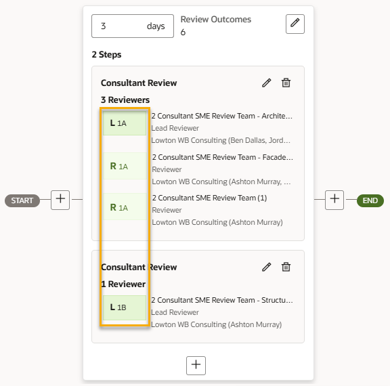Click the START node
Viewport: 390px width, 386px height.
[22, 200]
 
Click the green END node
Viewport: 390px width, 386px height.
[370, 200]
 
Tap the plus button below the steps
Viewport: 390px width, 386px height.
[196, 366]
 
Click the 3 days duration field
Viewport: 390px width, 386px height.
[133, 26]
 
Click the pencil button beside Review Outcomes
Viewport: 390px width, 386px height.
[295, 24]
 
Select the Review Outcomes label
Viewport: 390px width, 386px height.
[215, 20]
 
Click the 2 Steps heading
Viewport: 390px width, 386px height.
[106, 54]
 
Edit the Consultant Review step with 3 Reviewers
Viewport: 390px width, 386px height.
[266, 83]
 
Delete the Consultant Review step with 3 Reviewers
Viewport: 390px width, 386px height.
[286, 83]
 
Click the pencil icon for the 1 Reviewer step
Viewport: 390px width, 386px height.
[266, 267]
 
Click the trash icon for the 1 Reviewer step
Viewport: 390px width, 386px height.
[286, 267]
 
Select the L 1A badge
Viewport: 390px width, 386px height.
[125, 123]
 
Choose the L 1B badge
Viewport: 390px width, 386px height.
[125, 307]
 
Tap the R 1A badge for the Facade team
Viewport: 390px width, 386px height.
[125, 166]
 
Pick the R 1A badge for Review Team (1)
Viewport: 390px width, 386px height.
[125, 207]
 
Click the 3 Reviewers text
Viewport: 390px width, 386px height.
[125, 100]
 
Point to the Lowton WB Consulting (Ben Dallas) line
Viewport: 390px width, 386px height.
[221, 140]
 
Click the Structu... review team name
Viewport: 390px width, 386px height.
[222, 300]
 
